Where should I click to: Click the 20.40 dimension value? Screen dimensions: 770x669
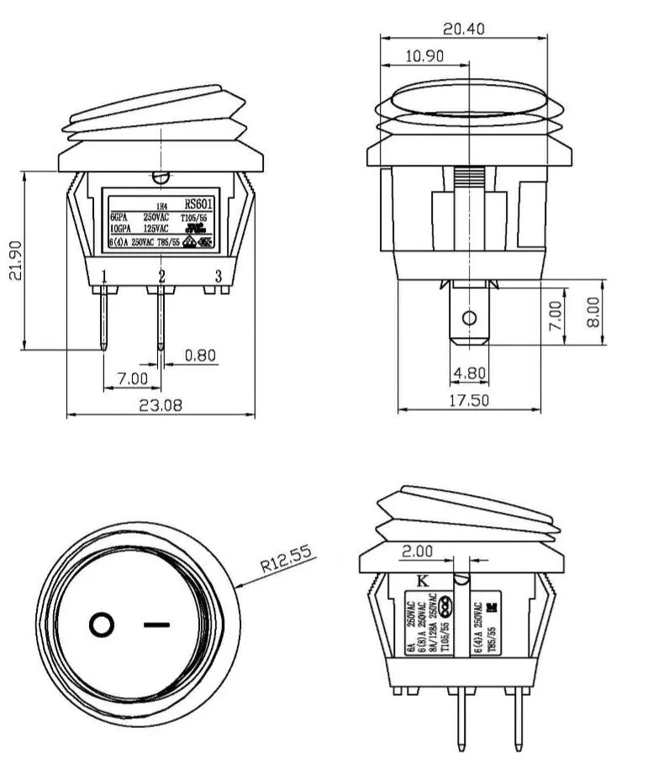[x=463, y=29]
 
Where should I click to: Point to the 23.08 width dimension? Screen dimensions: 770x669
[x=161, y=405]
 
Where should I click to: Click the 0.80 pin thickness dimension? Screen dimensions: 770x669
[x=199, y=356]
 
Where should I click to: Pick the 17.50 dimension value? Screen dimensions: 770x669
[x=467, y=401]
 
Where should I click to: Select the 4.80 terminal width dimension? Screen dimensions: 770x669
[x=469, y=372]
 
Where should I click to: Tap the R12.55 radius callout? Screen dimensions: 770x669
[x=286, y=558]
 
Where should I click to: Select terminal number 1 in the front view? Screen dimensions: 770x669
[x=103, y=277]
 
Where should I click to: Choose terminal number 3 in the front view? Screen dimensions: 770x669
[x=219, y=277]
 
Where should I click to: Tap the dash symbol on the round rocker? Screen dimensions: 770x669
[x=156, y=625]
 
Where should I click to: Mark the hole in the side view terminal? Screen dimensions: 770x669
[x=469, y=320]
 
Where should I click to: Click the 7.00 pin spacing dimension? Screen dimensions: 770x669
[x=133, y=379]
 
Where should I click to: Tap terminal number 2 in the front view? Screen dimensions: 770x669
[x=161, y=277]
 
